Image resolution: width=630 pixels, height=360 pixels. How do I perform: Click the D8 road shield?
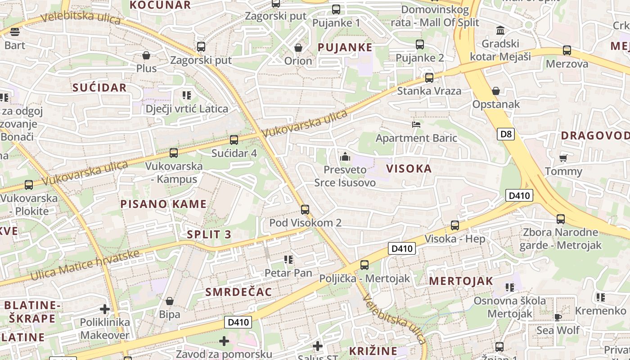(x=506, y=134)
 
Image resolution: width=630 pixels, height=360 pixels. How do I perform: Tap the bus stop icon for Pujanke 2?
(x=420, y=45)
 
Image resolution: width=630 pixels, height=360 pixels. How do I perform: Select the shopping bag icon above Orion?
(x=298, y=47)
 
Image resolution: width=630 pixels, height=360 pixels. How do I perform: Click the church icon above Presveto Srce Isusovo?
(x=345, y=157)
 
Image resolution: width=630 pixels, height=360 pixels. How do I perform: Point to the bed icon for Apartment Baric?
(x=416, y=124)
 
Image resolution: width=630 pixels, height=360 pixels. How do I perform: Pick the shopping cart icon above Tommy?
(x=563, y=158)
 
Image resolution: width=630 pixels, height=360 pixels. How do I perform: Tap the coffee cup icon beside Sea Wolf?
(x=558, y=317)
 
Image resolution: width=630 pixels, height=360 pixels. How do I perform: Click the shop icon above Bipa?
(x=170, y=301)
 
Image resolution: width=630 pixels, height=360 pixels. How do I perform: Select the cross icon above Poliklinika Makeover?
(x=105, y=309)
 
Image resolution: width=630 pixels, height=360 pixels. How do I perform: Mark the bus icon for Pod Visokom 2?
(x=305, y=209)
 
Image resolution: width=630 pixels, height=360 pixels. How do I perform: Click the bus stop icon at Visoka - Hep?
(x=455, y=225)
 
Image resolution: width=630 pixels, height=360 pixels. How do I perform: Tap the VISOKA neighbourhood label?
(x=409, y=169)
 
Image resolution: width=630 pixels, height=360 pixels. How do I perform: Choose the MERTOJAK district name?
(x=461, y=281)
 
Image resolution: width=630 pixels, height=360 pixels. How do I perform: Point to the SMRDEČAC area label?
(x=238, y=292)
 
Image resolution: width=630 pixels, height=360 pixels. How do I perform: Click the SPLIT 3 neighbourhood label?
(x=209, y=234)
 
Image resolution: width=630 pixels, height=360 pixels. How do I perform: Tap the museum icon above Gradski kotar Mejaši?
(x=500, y=31)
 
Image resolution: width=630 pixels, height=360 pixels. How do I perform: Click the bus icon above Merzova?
(x=567, y=50)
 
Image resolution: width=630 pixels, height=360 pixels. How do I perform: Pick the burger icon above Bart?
(x=15, y=32)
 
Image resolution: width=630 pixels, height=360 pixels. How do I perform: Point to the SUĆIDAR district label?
(x=100, y=87)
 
